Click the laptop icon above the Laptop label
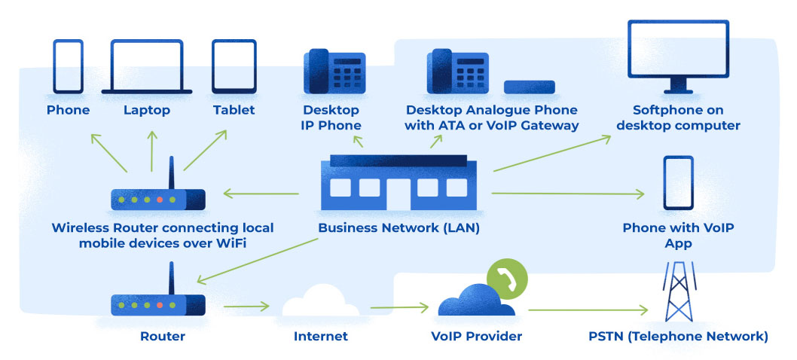pyautogui.click(x=152, y=66)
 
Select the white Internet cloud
pyautogui.click(x=321, y=304)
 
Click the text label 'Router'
pyautogui.click(x=163, y=337)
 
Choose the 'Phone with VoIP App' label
pyautogui.click(x=678, y=236)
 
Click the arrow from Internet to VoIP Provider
pyautogui.click(x=399, y=307)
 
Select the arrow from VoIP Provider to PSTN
pyautogui.click(x=588, y=309)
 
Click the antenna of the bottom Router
pyautogui.click(x=172, y=276)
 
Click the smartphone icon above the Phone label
pyautogui.click(x=68, y=66)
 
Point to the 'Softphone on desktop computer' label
pyautogui.click(x=678, y=117)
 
